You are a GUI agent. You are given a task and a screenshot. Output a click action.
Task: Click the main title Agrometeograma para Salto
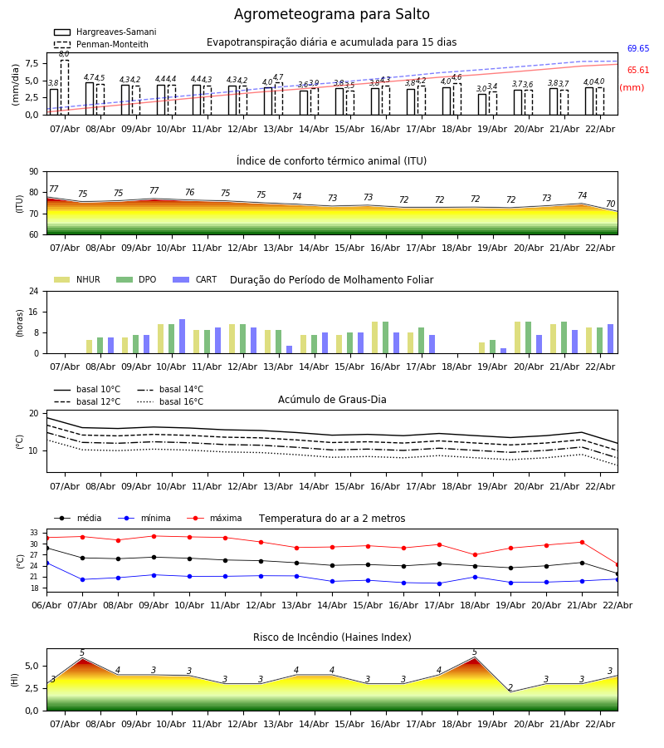coord(332,15)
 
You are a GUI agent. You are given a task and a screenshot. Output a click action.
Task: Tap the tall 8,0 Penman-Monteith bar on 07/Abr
coord(65,87)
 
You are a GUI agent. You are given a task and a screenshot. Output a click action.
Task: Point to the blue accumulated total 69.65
coord(638,49)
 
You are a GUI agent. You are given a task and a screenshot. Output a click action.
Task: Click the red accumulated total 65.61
coord(638,71)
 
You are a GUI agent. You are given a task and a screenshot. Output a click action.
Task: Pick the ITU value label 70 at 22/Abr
coord(610,204)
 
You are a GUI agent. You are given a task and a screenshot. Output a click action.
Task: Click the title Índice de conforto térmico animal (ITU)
coord(331,161)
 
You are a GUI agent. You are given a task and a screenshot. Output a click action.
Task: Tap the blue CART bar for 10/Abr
coord(183,337)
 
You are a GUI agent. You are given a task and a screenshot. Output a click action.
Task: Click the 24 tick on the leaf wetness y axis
coord(37,292)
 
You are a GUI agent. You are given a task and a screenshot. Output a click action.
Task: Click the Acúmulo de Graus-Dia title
coord(332,400)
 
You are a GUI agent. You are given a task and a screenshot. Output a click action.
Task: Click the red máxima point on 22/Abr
coord(617,564)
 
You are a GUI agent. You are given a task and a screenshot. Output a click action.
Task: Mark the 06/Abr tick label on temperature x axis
coord(46,604)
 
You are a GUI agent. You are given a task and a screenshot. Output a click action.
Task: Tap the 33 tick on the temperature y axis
coord(35,533)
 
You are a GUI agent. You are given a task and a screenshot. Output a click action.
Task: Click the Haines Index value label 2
coord(510,688)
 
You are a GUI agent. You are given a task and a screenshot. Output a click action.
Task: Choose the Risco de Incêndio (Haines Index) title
coord(332,637)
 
